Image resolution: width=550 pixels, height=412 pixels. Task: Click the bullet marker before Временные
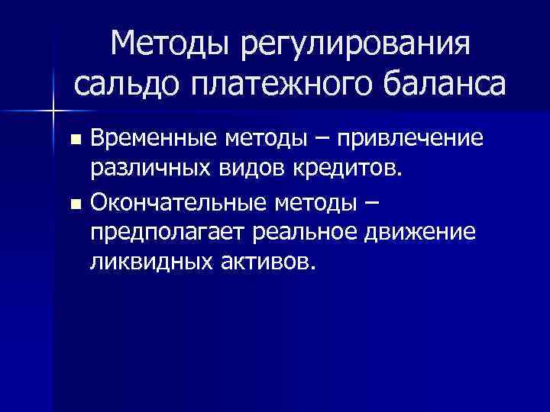74,140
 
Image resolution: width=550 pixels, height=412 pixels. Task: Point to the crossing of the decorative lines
53,111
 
